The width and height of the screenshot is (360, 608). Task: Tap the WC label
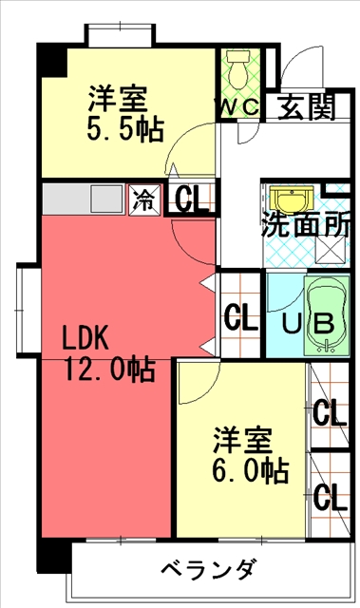point(238,107)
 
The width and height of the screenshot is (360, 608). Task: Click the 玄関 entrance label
point(306,107)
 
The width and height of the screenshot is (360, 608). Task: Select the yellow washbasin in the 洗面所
point(286,200)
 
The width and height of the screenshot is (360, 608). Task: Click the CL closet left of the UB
point(240,316)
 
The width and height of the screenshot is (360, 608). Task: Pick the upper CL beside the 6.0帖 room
point(330,413)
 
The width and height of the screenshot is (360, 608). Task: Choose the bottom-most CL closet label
point(330,496)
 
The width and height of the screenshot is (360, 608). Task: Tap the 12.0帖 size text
point(104,369)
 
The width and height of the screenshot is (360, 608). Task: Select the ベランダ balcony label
point(207,571)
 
